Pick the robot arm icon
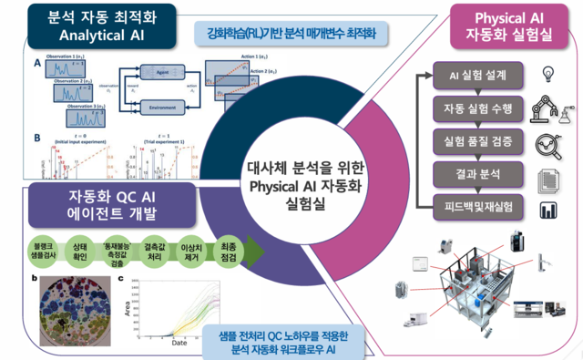tap(550, 108)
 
